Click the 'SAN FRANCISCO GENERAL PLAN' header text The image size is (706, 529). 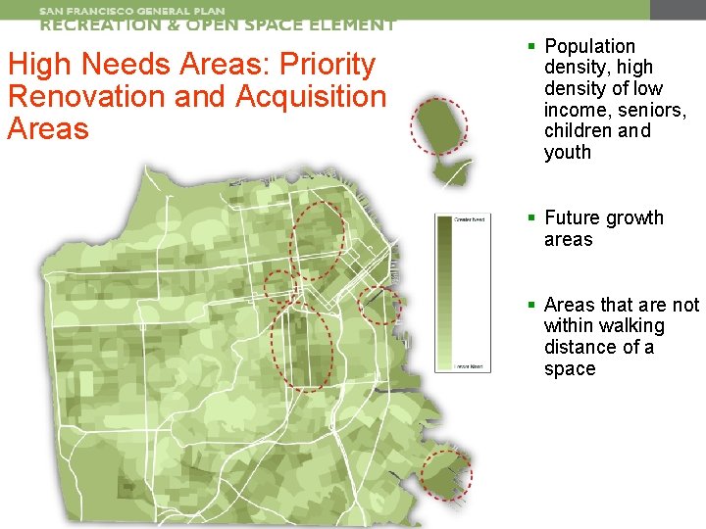pyautogui.click(x=131, y=11)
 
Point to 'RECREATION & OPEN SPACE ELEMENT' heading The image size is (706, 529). pyautogui.click(x=218, y=25)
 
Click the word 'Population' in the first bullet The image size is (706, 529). pyautogui.click(x=589, y=46)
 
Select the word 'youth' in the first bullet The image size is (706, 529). pyautogui.click(x=568, y=152)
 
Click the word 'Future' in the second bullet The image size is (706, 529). pyautogui.click(x=575, y=217)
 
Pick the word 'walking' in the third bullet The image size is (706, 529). pyautogui.click(x=630, y=325)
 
